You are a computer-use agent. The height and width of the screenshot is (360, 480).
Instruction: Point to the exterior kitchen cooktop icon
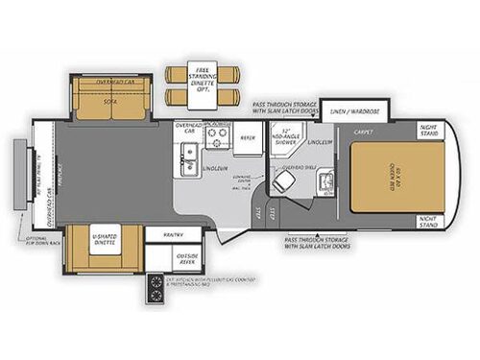pyautogui.click(x=154, y=285)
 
